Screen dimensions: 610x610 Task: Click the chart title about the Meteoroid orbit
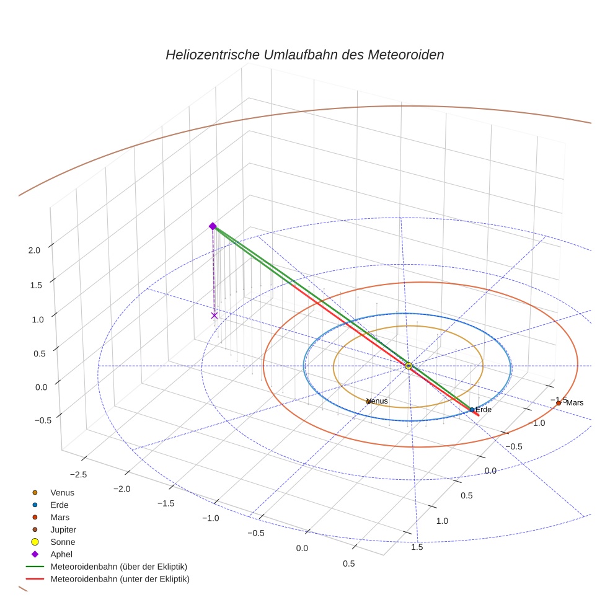tap(304, 55)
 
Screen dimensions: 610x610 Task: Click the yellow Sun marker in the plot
tap(409, 366)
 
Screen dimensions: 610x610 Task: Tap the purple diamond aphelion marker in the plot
tap(213, 226)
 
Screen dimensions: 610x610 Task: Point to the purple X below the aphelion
tap(214, 316)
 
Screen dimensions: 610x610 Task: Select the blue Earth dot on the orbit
tap(472, 410)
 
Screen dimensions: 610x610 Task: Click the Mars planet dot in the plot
tap(559, 403)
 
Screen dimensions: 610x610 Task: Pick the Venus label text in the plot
tap(378, 401)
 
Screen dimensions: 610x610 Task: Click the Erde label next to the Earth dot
tap(484, 410)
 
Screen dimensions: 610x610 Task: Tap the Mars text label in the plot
tap(575, 403)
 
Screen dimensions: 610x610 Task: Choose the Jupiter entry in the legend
tap(63, 529)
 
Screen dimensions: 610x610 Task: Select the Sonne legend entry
tap(63, 542)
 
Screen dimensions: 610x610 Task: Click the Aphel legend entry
tap(61, 554)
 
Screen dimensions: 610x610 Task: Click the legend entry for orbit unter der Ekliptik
tap(120, 579)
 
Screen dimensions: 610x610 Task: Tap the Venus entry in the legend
tap(62, 492)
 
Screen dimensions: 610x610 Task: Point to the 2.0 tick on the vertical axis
tap(34, 250)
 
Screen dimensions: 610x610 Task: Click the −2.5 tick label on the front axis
tap(79, 474)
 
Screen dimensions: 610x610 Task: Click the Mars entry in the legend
tap(60, 517)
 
